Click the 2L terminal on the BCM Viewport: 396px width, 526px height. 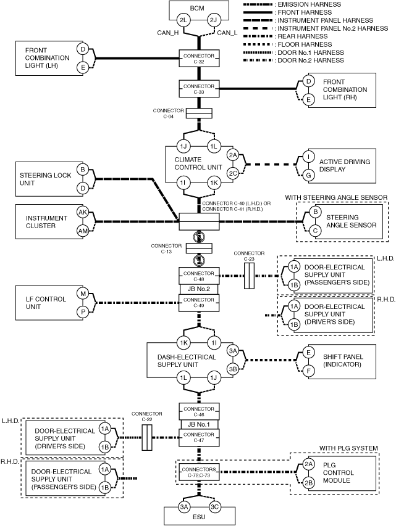pyautogui.click(x=183, y=20)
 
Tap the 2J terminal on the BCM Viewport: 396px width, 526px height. pyautogui.click(x=214, y=20)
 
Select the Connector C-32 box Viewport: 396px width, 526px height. pyautogui.click(x=199, y=59)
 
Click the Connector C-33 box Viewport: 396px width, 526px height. pyautogui.click(x=199, y=89)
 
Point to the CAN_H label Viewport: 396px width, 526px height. pyautogui.click(x=168, y=33)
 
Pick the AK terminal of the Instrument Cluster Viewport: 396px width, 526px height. pyautogui.click(x=83, y=212)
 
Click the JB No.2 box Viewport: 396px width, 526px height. pyautogui.click(x=199, y=289)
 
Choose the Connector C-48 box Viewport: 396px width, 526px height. pyautogui.click(x=199, y=276)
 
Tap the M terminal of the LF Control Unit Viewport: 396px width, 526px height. pyautogui.click(x=83, y=294)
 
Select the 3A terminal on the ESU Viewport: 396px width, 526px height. pyautogui.click(x=184, y=507)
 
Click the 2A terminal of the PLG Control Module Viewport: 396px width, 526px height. pyautogui.click(x=309, y=464)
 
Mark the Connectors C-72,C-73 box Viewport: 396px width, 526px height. pyautogui.click(x=199, y=472)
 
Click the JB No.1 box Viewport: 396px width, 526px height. pyautogui.click(x=199, y=424)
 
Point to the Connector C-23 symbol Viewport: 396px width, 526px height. pyautogui.click(x=249, y=276)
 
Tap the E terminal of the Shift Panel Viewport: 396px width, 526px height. pyautogui.click(x=309, y=352)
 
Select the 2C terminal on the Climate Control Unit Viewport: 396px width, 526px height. pyautogui.click(x=233, y=173)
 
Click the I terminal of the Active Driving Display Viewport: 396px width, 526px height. pyautogui.click(x=309, y=157)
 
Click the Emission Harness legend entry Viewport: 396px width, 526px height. pyautogui.click(x=292, y=4)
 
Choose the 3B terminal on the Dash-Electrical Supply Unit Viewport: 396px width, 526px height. pyautogui.click(x=233, y=369)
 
